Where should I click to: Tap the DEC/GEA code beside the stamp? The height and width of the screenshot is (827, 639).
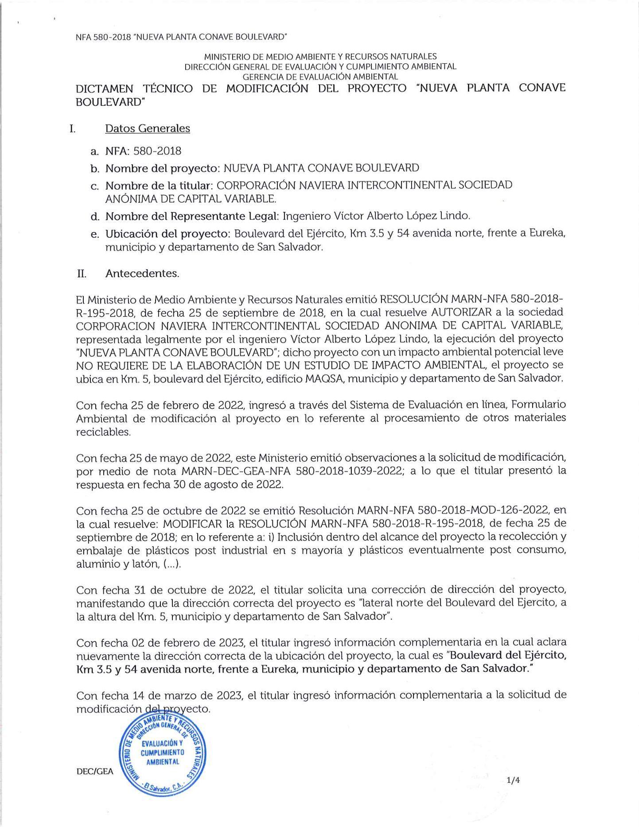point(95,771)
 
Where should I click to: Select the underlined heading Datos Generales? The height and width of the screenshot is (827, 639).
point(148,128)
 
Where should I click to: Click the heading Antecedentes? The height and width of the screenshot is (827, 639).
point(142,273)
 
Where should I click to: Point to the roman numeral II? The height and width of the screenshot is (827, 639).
point(81,273)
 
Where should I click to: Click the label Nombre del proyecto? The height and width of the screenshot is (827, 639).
point(163,168)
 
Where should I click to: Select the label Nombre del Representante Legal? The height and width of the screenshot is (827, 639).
point(192,216)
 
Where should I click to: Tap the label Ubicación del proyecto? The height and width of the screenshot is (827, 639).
point(168,233)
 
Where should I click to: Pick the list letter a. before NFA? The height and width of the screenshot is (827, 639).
point(94,151)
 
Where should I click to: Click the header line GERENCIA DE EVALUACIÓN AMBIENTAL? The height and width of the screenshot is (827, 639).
point(320,76)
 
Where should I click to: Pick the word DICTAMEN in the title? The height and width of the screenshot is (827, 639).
point(105,88)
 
